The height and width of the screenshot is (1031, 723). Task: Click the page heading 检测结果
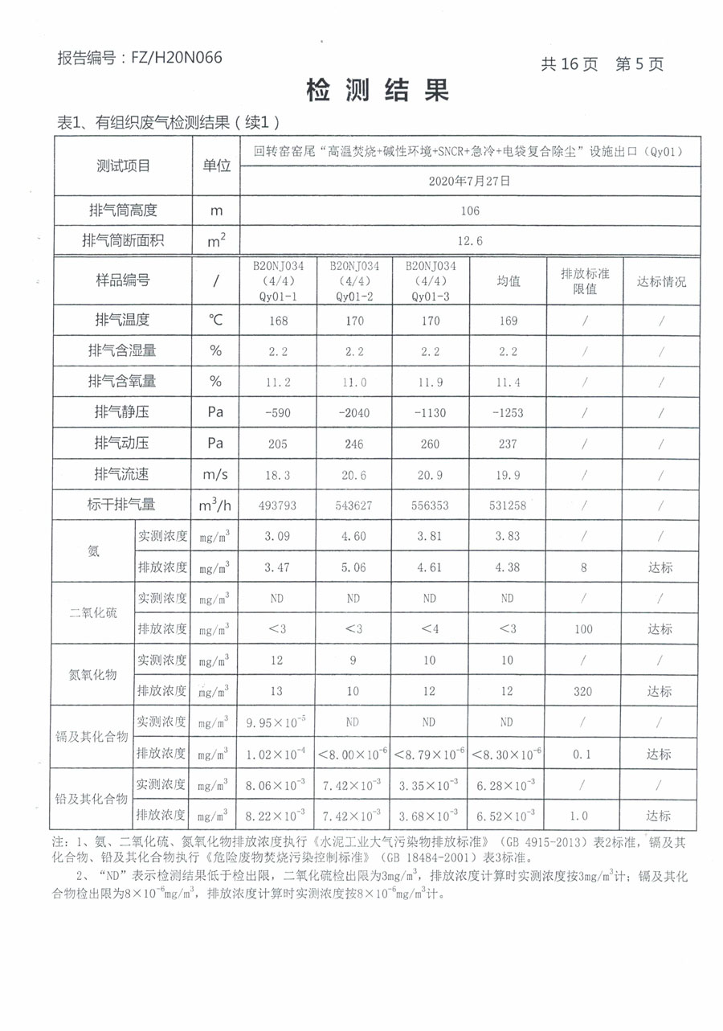[x=377, y=91]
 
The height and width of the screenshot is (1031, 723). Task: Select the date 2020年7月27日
[x=469, y=182]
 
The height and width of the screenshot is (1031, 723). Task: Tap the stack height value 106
[x=469, y=211]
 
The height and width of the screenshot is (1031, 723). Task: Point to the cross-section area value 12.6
[x=469, y=240]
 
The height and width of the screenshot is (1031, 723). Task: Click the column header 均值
[x=508, y=281]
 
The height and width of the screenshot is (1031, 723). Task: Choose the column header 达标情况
[x=661, y=281]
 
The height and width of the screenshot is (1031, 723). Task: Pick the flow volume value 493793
[x=276, y=505]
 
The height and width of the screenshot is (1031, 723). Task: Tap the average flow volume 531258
[x=508, y=505]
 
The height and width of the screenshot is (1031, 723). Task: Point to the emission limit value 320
[x=584, y=691]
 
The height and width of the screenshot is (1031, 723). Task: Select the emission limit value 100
[x=584, y=629]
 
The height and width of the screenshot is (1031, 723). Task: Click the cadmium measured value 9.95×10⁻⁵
[x=276, y=722]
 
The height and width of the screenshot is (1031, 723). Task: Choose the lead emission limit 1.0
[x=584, y=815]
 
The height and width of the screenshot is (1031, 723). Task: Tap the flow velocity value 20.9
[x=430, y=475]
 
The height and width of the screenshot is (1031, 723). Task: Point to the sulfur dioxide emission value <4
[x=430, y=629]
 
